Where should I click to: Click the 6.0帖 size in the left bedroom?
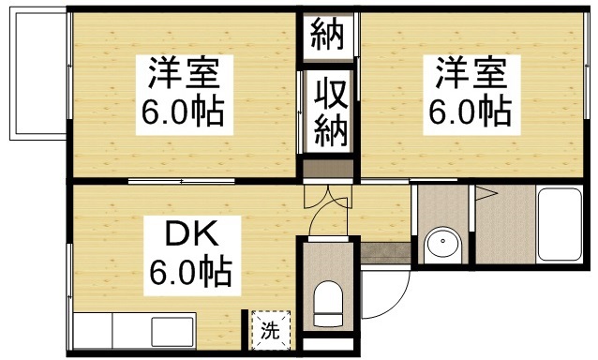(183, 113)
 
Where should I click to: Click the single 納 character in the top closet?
(327, 35)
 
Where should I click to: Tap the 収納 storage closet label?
(327, 110)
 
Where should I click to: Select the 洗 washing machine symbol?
(270, 330)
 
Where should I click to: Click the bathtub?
(560, 226)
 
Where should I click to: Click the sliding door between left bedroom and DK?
(183, 179)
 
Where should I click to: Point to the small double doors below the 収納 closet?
(328, 197)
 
